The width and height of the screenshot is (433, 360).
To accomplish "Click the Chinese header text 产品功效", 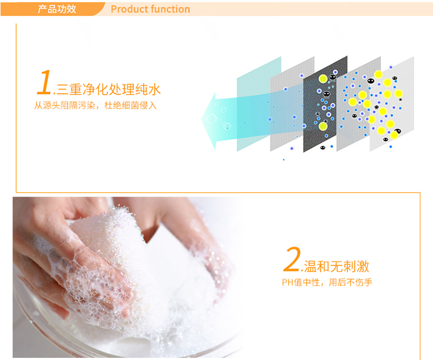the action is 57,9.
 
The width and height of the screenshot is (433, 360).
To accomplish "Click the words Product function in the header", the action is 151,9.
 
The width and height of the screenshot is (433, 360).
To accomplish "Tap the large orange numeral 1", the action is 44,82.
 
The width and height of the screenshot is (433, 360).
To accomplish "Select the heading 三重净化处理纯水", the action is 109,89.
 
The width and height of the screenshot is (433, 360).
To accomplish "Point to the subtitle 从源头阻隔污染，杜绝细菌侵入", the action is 95,106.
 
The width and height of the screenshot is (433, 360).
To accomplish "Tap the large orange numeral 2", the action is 292,259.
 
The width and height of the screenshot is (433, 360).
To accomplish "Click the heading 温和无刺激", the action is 337,267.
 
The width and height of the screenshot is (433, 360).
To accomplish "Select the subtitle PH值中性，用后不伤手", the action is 327,283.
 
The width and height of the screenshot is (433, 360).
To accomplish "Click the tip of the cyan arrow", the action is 202,120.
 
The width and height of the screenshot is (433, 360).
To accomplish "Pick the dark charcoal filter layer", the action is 325,104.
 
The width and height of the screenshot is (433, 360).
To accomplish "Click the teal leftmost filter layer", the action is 259,104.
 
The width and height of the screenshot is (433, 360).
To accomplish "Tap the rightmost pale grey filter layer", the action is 392,104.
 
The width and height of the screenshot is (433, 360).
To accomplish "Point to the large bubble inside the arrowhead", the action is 211,119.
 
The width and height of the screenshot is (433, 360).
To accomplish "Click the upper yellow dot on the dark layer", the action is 323,78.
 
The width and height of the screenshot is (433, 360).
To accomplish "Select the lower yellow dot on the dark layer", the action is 323,126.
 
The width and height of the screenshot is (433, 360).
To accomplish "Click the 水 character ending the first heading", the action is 154,89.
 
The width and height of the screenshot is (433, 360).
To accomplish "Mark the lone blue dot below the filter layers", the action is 283,160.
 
